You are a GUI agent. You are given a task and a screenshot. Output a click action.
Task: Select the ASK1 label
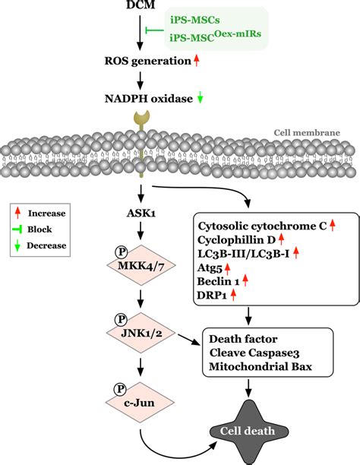pyautogui.click(x=143, y=214)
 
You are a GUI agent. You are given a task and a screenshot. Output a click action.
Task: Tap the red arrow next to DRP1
pyautogui.click(x=234, y=294)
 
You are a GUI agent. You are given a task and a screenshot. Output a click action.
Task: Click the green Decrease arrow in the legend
pyautogui.click(x=21, y=245)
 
